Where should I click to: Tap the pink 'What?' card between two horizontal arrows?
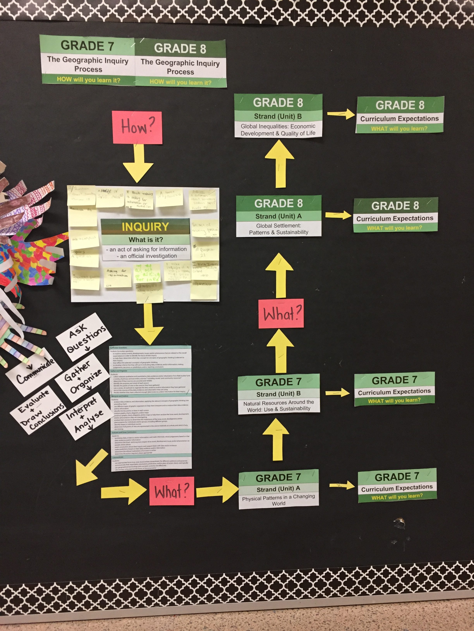(171, 491)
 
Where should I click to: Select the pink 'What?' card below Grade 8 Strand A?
(281, 313)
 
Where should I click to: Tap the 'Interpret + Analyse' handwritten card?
(85, 416)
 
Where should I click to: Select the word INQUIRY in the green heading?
(145, 227)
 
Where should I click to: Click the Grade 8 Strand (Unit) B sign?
(278, 116)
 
